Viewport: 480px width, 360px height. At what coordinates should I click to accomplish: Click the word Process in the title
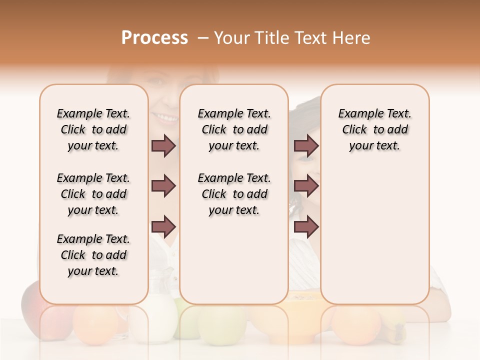(x=154, y=38)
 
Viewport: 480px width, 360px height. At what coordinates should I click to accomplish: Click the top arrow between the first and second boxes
(x=163, y=146)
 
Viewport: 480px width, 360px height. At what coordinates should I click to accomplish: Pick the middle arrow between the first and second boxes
(x=163, y=186)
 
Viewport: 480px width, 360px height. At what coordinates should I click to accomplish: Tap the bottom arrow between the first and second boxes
(x=163, y=226)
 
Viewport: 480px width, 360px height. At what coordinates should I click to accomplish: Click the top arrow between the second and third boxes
(x=306, y=146)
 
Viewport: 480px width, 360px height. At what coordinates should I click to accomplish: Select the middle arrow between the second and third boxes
(x=306, y=186)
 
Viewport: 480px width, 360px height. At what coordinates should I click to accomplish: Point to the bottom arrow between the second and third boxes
(x=306, y=226)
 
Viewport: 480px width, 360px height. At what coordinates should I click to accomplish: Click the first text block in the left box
(x=93, y=129)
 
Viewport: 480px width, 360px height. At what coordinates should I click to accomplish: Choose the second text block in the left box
(x=93, y=194)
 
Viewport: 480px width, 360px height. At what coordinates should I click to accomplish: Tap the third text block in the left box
(x=93, y=255)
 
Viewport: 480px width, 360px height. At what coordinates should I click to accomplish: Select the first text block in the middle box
(x=234, y=129)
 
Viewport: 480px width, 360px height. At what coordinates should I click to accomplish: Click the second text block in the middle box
(x=234, y=194)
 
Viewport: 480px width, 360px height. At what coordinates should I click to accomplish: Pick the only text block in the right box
(x=374, y=129)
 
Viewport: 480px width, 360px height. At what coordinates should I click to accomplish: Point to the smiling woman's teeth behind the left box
(x=165, y=118)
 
